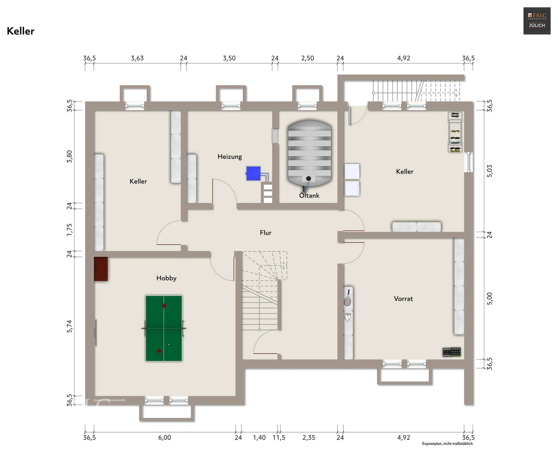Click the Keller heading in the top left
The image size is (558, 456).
tap(21, 31)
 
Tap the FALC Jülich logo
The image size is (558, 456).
tap(536, 21)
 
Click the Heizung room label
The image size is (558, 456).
tap(230, 156)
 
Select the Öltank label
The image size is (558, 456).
tap(309, 196)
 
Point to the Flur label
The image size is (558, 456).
tap(265, 233)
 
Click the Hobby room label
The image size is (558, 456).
tap(166, 278)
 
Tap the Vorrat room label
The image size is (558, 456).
tap(403, 299)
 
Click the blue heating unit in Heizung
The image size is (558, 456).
tap(253, 173)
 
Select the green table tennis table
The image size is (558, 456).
tap(164, 328)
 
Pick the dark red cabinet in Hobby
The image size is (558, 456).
tap(101, 269)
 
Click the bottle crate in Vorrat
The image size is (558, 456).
tap(451, 352)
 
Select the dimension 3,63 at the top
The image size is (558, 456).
tap(137, 58)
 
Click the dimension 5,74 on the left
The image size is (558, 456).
tap(70, 326)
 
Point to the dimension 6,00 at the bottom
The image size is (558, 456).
tap(164, 438)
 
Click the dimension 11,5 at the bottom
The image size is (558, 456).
tap(279, 438)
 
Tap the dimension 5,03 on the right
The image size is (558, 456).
tap(489, 171)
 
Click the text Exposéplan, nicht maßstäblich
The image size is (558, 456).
tap(447, 444)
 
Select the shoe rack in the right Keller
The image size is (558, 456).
tap(455, 132)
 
